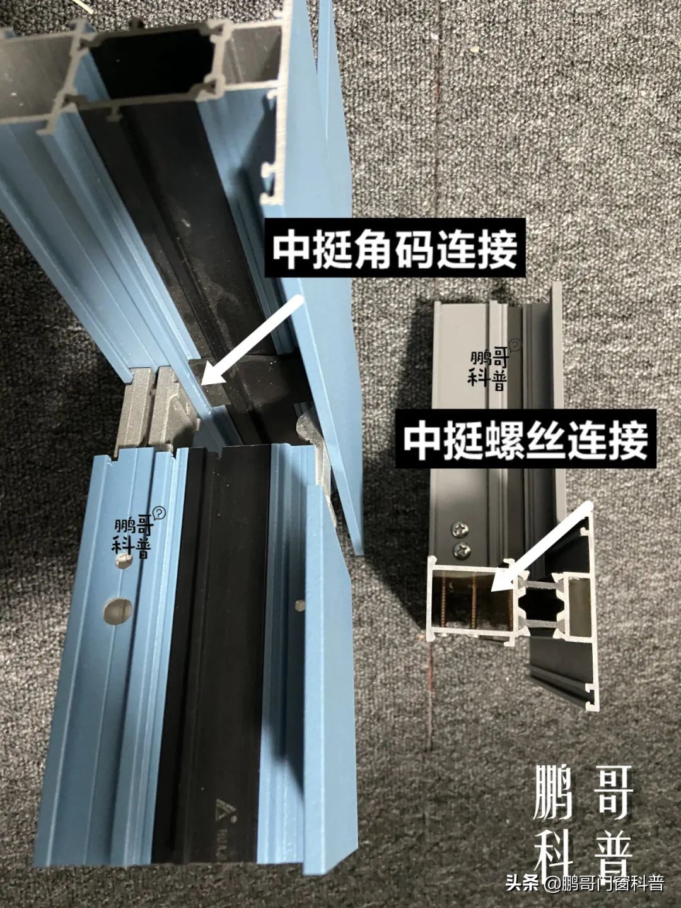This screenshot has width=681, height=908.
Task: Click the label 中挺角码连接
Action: (395, 248)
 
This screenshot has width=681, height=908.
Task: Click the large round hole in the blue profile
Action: (118, 610)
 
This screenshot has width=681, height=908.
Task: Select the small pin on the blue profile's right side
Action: (300, 606)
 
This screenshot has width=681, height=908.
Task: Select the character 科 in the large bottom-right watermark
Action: (553, 850)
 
